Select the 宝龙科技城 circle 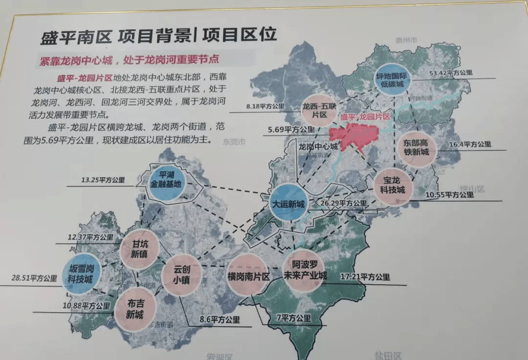coord(394,184)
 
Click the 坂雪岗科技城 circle coord(82,274)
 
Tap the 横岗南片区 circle coord(249,275)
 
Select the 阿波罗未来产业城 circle coord(305,270)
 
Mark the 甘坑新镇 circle coord(140,249)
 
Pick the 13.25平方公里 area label coord(103,180)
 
